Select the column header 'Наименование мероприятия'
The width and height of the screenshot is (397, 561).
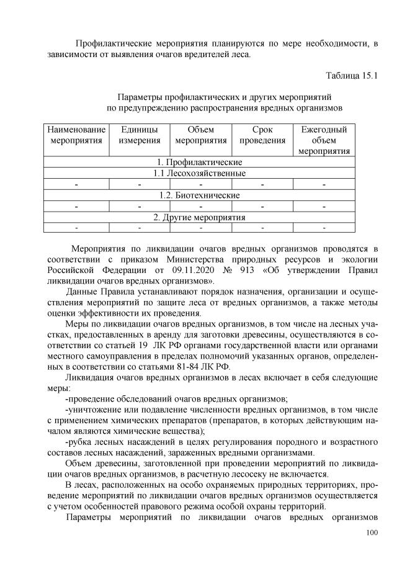coord(76,135)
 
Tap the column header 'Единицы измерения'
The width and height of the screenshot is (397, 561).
coord(140,135)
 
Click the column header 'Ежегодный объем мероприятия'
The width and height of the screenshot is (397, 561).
coord(324,140)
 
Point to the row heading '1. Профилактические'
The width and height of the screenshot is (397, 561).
coord(199,162)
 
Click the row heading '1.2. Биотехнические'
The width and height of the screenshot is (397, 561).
coord(199,195)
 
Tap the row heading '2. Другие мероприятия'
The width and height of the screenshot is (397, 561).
coord(199,217)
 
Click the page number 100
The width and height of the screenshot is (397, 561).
coord(372,532)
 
